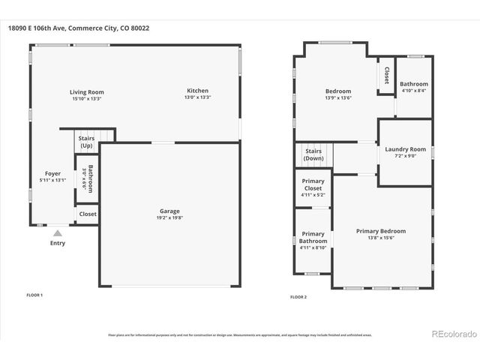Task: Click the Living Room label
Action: click(x=87, y=91)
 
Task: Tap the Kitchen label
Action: click(x=197, y=91)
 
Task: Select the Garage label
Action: click(x=169, y=211)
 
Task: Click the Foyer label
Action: click(x=52, y=173)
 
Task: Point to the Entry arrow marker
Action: click(x=57, y=233)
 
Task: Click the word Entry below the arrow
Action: click(x=57, y=243)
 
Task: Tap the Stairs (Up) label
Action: click(x=86, y=142)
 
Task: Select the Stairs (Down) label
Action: click(x=313, y=154)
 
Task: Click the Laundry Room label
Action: click(x=405, y=149)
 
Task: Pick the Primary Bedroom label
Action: click(x=380, y=231)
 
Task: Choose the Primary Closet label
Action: click(x=313, y=184)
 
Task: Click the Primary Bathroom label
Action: click(x=313, y=237)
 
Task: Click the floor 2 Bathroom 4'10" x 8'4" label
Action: click(x=413, y=84)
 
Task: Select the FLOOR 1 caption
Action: click(x=34, y=295)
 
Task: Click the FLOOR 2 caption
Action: click(x=298, y=297)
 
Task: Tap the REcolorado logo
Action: click(x=452, y=333)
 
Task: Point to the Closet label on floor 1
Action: click(x=87, y=214)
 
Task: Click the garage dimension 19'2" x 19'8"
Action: click(x=169, y=219)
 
